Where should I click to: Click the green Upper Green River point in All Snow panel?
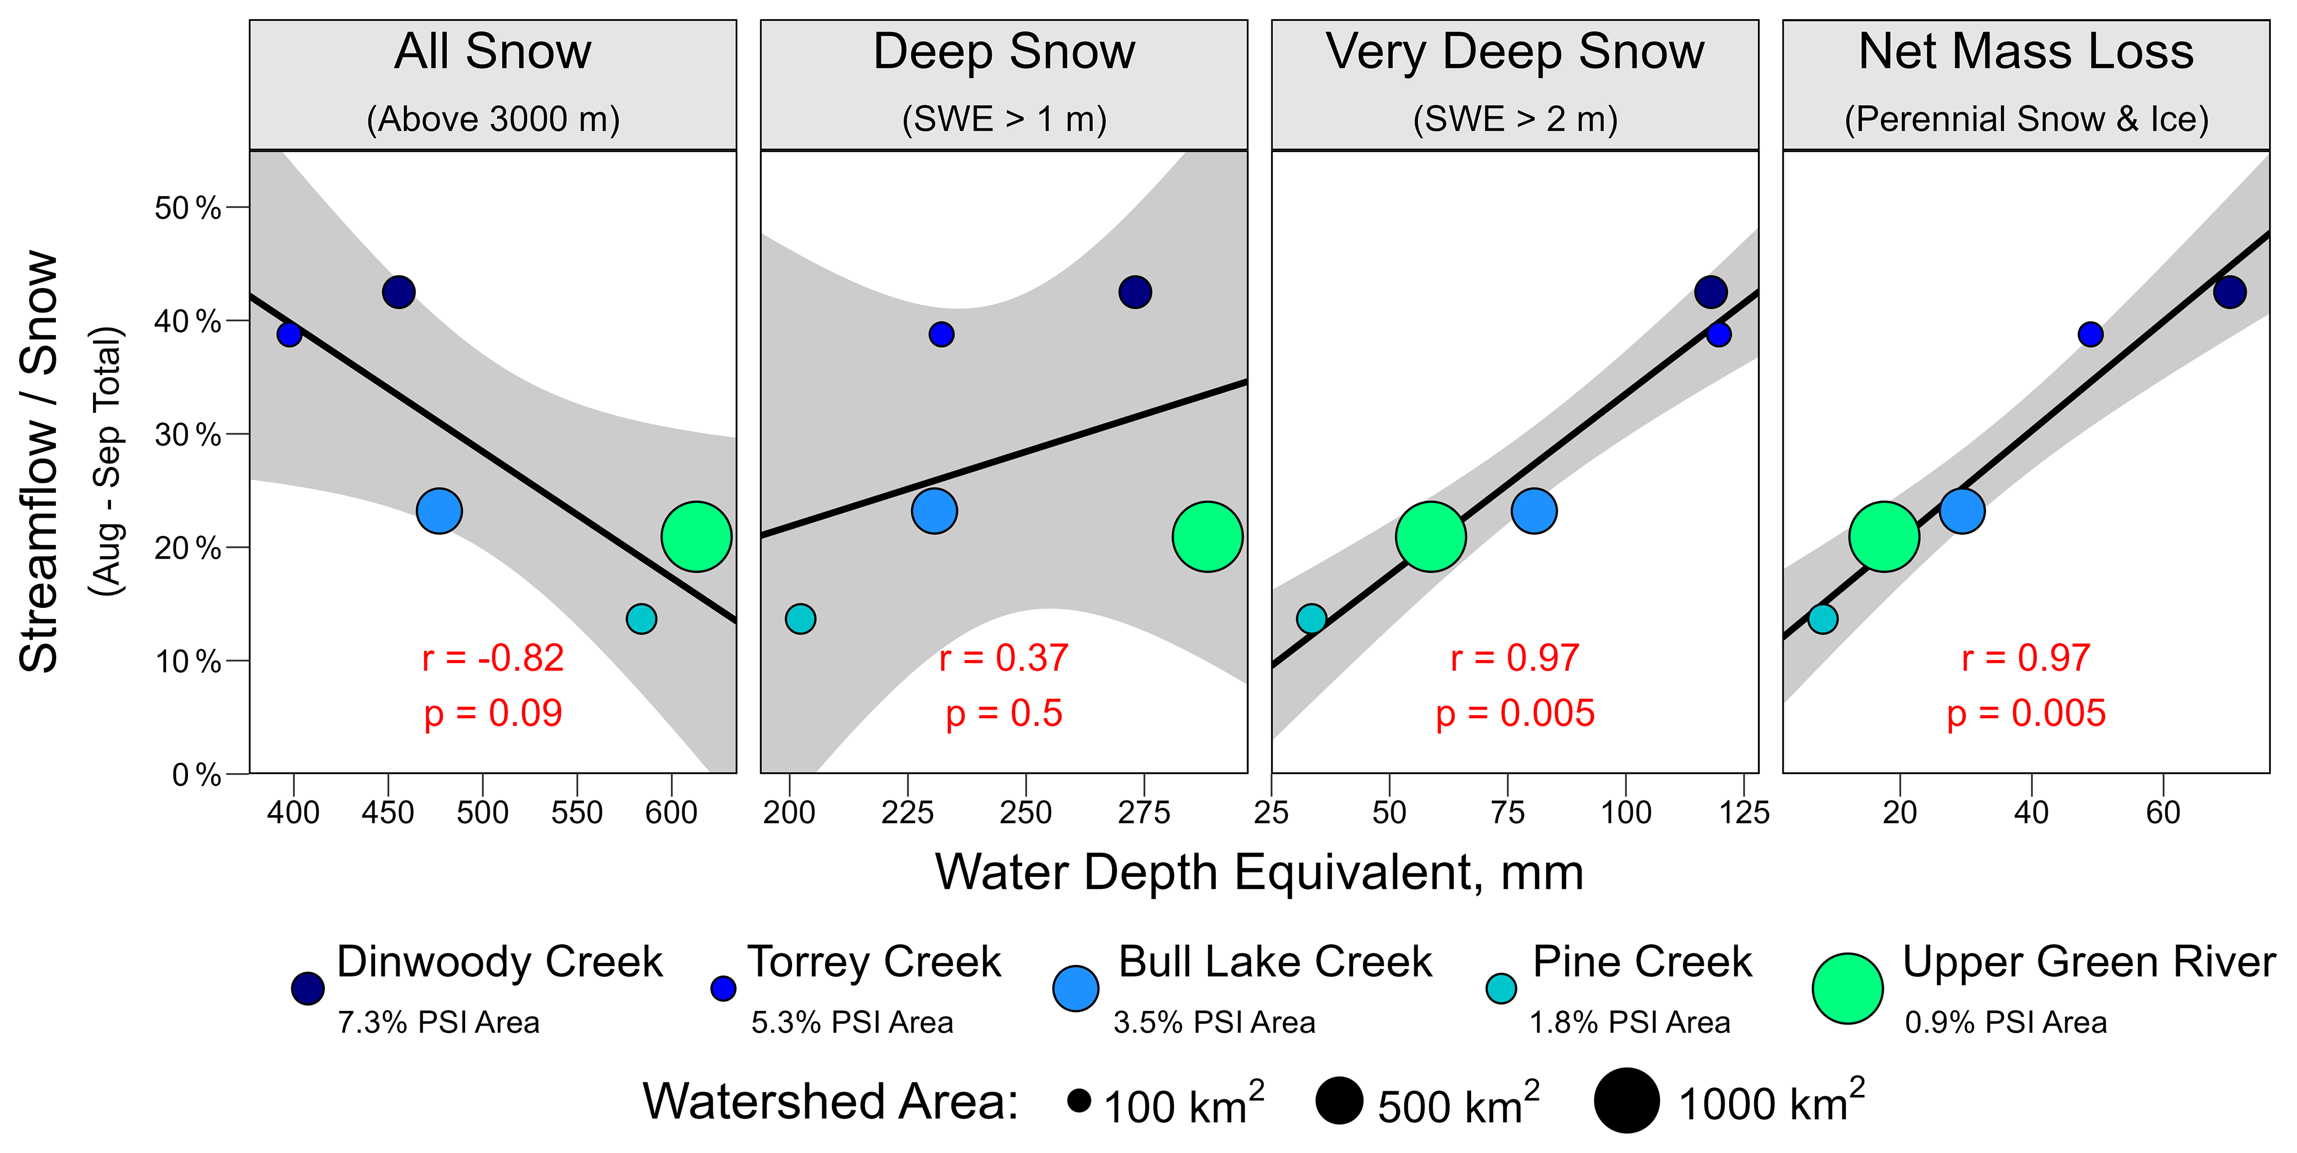696,537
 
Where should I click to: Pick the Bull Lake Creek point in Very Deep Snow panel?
1534,511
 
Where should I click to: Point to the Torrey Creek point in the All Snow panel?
289,335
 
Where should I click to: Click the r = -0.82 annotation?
493,658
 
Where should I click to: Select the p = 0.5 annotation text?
1004,713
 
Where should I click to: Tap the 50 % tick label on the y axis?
187,208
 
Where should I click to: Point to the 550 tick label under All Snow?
577,812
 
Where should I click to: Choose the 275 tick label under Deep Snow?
1144,812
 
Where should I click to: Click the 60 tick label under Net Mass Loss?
2163,812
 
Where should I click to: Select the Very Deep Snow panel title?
1515,52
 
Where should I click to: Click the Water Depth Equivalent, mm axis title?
1259,871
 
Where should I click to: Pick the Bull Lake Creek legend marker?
1076,988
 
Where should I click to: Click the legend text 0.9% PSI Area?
2006,1022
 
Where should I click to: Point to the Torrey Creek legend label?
874,962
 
